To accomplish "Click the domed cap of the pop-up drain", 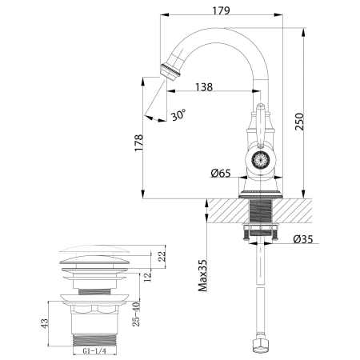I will (x=94, y=254).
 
